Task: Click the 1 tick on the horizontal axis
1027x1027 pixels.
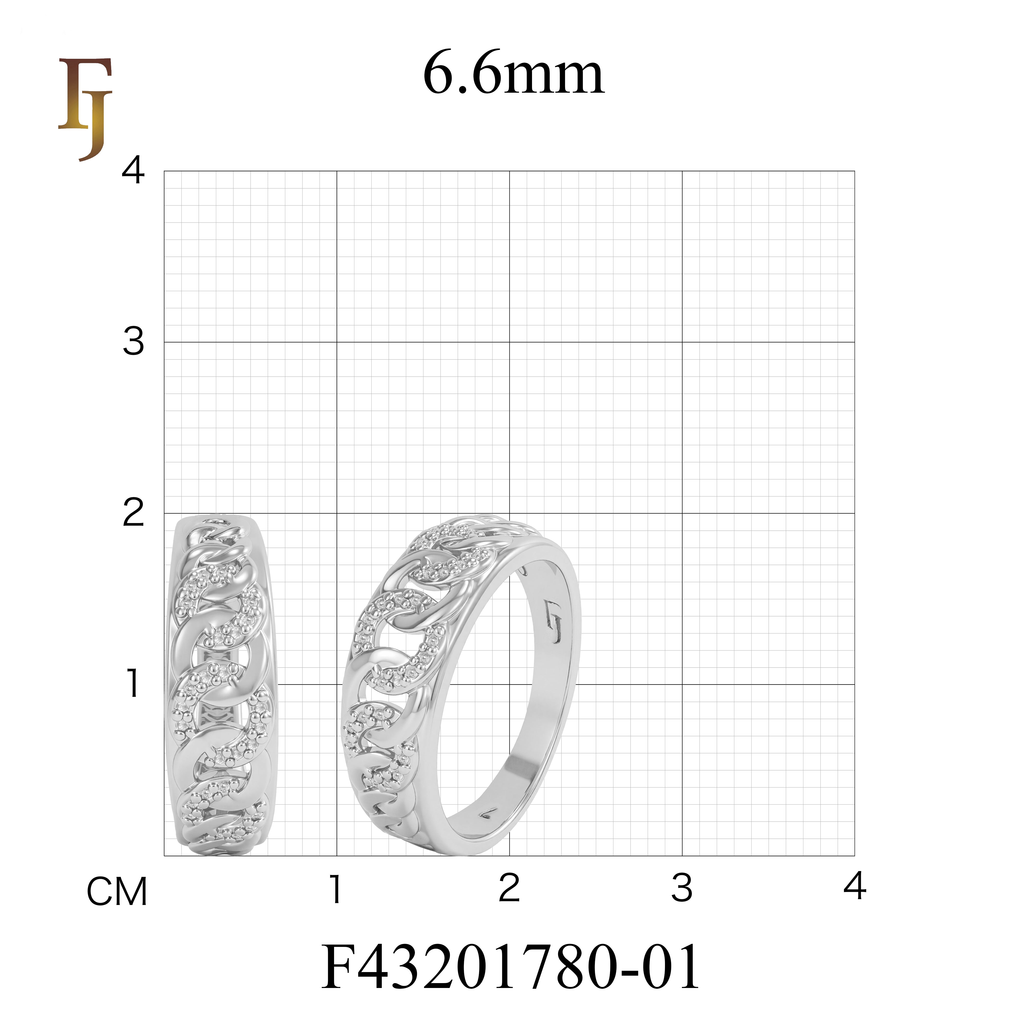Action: [x=335, y=888]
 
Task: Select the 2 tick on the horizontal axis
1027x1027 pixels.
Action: [x=509, y=888]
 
